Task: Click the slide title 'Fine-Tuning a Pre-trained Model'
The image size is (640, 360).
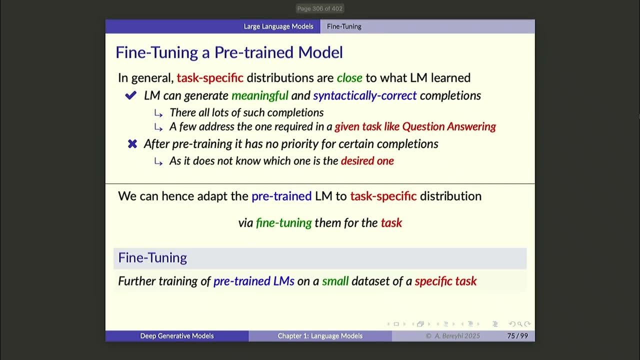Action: (229, 52)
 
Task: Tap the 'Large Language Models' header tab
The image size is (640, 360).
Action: (278, 26)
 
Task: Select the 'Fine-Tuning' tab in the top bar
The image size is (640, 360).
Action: (344, 26)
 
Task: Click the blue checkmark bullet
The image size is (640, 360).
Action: (131, 95)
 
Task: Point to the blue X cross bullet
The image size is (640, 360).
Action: (132, 144)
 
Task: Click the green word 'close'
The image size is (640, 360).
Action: (349, 77)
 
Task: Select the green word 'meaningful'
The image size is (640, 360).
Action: (260, 95)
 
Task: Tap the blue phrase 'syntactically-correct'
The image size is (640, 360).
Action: (364, 95)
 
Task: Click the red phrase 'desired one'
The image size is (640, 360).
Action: (367, 160)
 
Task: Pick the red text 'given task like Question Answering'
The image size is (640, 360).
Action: (415, 126)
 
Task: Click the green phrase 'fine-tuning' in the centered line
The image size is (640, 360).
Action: (283, 222)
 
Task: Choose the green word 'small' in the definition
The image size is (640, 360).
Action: (335, 281)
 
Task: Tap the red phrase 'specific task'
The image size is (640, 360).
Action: (445, 281)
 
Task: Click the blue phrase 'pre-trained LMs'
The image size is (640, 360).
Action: (253, 281)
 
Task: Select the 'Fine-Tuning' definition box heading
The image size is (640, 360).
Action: (152, 258)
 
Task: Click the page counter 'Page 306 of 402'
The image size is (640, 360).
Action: (319, 8)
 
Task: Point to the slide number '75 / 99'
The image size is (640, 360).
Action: (517, 336)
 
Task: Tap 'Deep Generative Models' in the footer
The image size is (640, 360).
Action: (176, 336)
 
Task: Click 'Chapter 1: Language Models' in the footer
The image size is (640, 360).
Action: (320, 336)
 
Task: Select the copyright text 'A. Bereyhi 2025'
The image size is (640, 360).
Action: (456, 336)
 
